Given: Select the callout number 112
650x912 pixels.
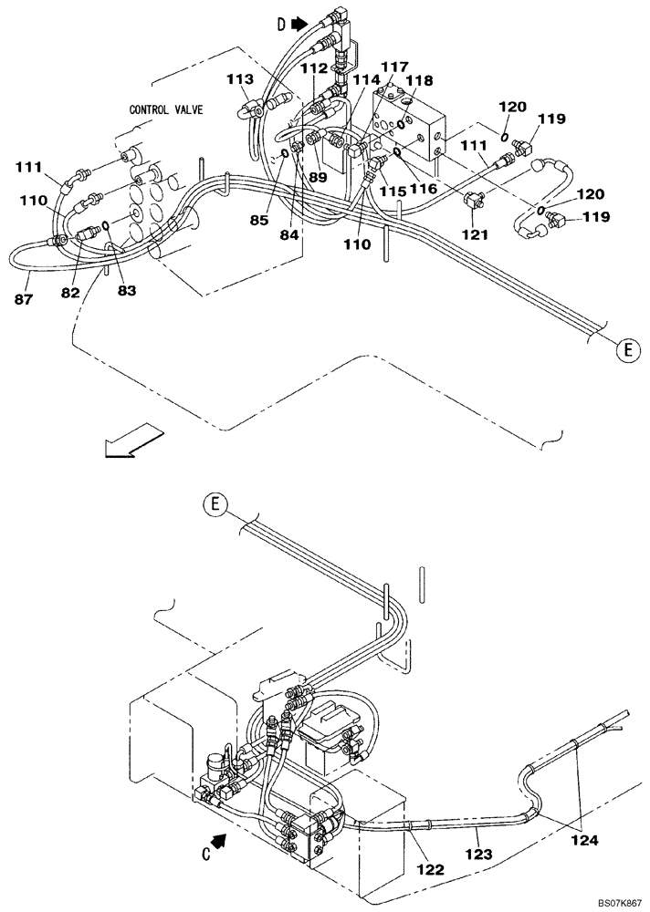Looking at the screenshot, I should (x=313, y=67).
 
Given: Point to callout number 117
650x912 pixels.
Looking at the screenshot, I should (x=394, y=66).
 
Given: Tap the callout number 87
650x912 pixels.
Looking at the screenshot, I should (x=20, y=299).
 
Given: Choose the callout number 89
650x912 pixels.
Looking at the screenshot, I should (x=318, y=177).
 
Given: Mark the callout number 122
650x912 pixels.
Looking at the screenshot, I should (x=430, y=869).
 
